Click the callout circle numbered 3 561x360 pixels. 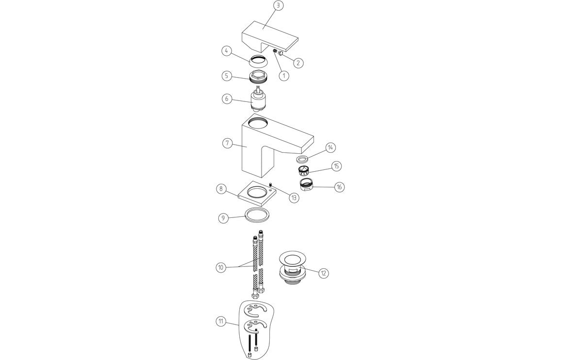(x=278, y=6)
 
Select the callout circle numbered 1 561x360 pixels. (x=284, y=76)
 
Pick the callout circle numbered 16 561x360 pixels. (x=339, y=187)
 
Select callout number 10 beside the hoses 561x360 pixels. (x=221, y=267)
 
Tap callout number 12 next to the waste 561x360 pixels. (x=324, y=273)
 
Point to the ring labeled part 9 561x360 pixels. (x=257, y=214)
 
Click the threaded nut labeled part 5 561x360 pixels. (x=258, y=76)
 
